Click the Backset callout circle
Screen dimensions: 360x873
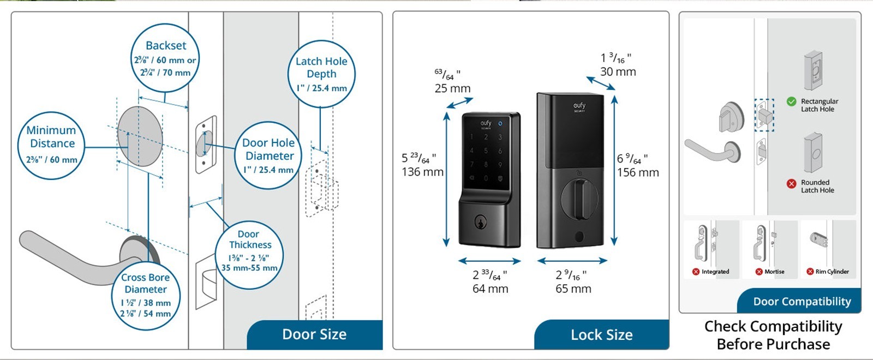pos(165,58)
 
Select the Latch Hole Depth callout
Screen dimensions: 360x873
pos(321,74)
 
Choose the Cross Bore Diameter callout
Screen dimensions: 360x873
pos(146,295)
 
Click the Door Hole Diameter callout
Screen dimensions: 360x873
pos(268,156)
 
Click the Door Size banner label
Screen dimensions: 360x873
pos(314,334)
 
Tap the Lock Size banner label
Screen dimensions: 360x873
pos(601,335)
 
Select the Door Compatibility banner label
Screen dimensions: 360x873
pos(802,302)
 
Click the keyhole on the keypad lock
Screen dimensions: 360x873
pos(480,222)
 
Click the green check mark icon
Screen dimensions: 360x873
pos(791,101)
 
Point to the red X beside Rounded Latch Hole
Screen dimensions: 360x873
pos(791,184)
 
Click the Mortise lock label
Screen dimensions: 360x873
pos(774,272)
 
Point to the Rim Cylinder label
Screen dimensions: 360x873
pos(832,272)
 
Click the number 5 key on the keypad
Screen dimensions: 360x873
pos(486,151)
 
